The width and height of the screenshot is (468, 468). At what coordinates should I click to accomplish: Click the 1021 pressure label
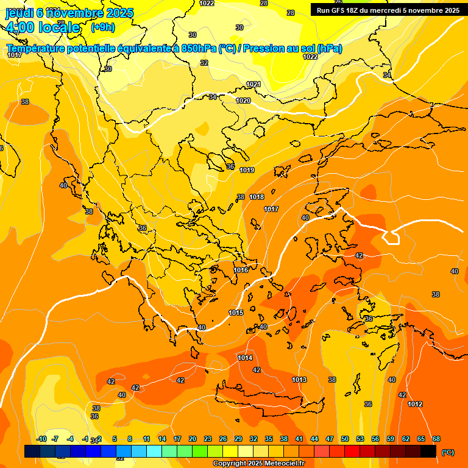point(253,84)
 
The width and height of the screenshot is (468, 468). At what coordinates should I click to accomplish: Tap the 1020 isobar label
point(243,101)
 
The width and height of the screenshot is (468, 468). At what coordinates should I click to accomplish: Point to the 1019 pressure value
point(247,170)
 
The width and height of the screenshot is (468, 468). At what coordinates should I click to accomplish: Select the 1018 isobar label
point(257,197)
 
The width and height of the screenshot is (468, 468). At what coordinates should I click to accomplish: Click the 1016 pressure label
point(241,270)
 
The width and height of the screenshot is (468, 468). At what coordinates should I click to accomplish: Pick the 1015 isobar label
point(236,313)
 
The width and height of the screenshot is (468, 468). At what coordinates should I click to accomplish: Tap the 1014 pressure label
point(245,358)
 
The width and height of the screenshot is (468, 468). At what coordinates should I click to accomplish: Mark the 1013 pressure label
point(299,380)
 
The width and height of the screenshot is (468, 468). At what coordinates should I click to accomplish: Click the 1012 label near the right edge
point(415,404)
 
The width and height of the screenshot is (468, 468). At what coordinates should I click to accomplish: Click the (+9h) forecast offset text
point(102,27)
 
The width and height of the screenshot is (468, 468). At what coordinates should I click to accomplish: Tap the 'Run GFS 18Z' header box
point(388,10)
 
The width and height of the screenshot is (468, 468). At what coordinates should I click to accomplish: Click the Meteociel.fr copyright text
point(259,464)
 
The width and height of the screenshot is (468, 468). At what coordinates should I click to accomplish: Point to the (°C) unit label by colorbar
point(448,452)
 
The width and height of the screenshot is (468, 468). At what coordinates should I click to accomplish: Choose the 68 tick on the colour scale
point(436,439)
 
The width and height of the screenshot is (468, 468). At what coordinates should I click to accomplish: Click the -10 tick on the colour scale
point(41,439)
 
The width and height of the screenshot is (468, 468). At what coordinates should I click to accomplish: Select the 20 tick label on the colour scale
point(193,439)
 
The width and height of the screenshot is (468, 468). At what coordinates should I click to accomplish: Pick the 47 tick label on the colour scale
point(330,439)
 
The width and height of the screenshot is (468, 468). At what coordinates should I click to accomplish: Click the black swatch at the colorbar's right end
point(428,452)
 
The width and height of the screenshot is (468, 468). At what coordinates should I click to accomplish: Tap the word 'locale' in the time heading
point(58,27)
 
